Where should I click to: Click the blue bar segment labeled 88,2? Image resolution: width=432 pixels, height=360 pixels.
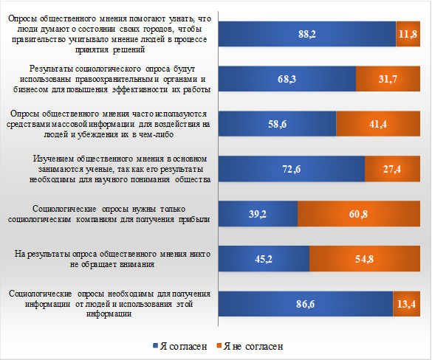point(307,34)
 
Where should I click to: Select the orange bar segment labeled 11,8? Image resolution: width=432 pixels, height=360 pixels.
point(408,34)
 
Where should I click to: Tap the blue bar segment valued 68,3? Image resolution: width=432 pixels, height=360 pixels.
point(287,79)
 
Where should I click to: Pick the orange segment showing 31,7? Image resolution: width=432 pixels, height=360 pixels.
point(388,79)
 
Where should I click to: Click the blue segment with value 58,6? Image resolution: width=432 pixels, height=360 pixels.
point(278,124)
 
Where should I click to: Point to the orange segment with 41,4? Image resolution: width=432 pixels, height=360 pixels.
point(378,124)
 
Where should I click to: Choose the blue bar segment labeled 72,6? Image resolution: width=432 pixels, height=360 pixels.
point(292,169)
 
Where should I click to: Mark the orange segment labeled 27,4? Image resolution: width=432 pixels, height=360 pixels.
point(392,169)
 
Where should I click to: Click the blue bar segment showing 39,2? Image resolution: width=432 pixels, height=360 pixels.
point(258,214)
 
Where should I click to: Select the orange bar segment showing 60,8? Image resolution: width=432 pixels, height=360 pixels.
point(359,214)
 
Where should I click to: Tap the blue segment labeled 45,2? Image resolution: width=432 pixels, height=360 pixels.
point(264,259)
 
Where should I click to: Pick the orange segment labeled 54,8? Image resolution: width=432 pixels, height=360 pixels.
point(365,259)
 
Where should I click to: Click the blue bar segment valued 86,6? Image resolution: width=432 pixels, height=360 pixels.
point(306,304)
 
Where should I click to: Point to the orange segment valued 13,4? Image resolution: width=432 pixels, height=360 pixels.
point(406,304)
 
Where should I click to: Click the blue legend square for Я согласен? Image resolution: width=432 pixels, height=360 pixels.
point(155,346)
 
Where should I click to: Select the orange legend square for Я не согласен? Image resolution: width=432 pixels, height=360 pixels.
point(219,346)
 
